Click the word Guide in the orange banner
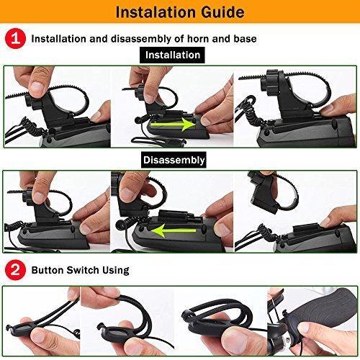pyautogui.click(x=222, y=12)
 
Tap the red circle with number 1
pyautogui.click(x=15, y=38)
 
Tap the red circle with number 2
pyautogui.click(x=15, y=270)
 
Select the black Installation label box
pyautogui.click(x=172, y=55)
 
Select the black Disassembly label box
pyautogui.click(x=174, y=160)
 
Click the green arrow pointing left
pyautogui.click(x=172, y=230)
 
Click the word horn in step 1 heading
pyautogui.click(x=198, y=39)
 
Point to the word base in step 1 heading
pyautogui.click(x=245, y=39)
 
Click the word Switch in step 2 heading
pyautogui.click(x=83, y=270)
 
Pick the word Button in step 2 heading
pyautogui.click(x=47, y=270)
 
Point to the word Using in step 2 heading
pyautogui.click(x=116, y=271)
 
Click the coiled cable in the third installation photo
pyautogui.click(x=250, y=113)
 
